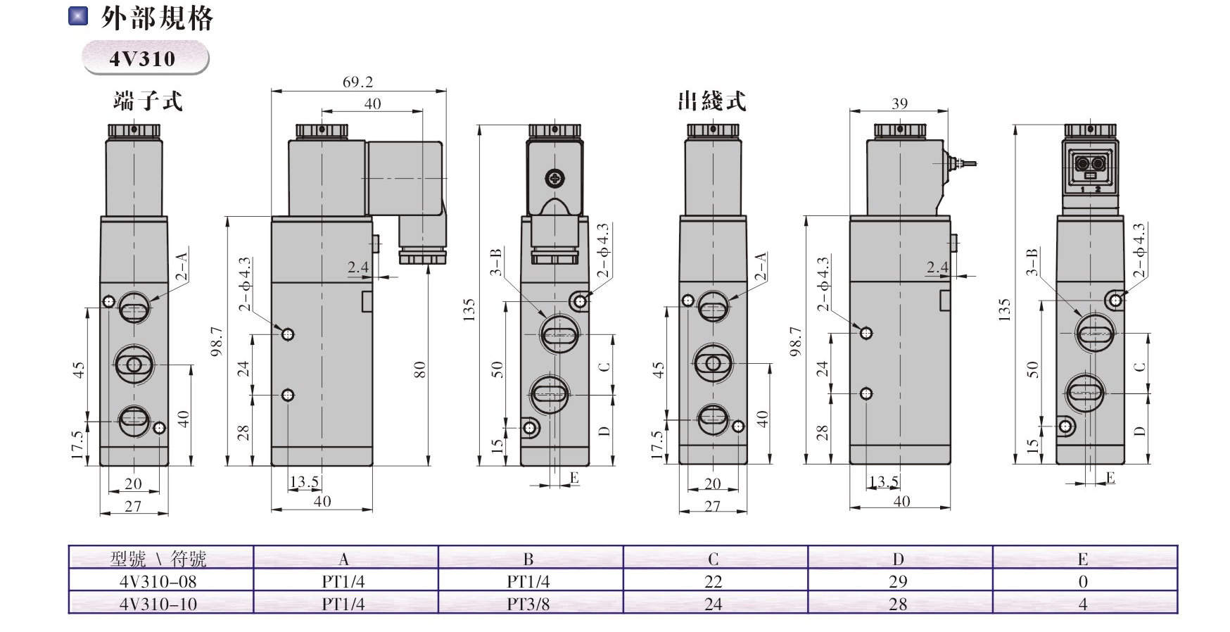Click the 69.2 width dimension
tap(357, 82)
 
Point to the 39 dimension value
tap(899, 103)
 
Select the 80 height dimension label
tap(419, 369)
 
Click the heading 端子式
tap(148, 101)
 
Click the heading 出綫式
tap(711, 101)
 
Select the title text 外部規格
tap(157, 18)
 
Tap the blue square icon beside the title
tap(78, 15)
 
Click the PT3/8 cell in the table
tap(528, 603)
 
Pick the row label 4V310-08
tap(158, 581)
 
